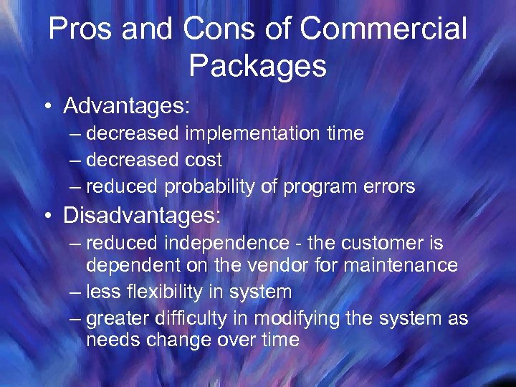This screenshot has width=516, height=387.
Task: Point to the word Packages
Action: (x=258, y=66)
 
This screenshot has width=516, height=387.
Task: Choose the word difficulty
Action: (x=199, y=318)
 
